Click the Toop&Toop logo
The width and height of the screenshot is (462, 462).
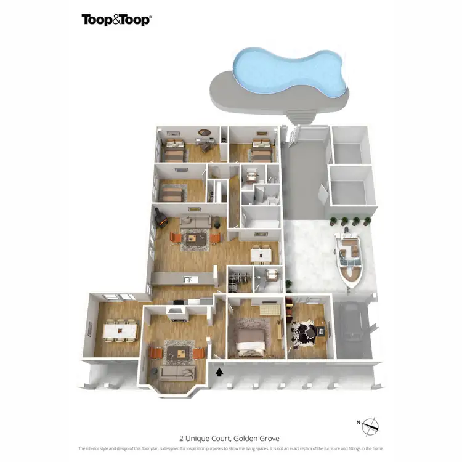[x=116, y=20]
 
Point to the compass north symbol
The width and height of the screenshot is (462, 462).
[x=370, y=425]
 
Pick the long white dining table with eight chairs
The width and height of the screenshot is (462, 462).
[x=119, y=330]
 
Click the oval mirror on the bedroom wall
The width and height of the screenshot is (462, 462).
[x=204, y=132]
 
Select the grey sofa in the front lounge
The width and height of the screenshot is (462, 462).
[x=177, y=372]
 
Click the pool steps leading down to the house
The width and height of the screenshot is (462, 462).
[x=300, y=115]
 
